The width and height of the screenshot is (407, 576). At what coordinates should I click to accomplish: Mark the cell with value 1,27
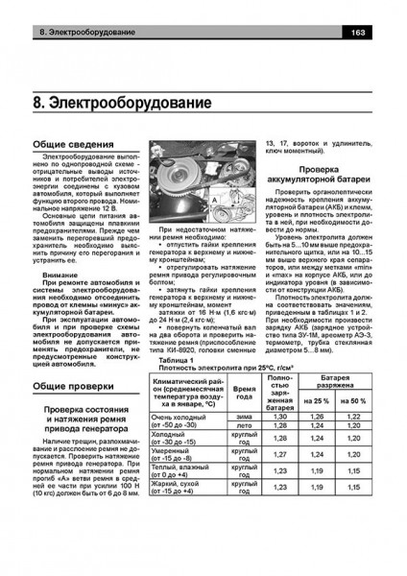pyautogui.click(x=279, y=479)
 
